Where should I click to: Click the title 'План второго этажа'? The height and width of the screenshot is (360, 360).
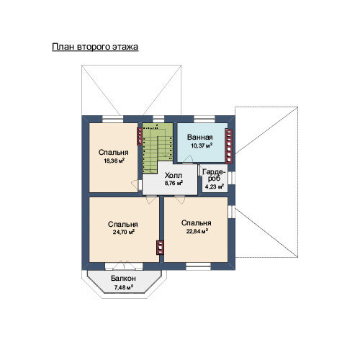click(x=95, y=47)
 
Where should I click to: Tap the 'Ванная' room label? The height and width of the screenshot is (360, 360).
click(x=200, y=138)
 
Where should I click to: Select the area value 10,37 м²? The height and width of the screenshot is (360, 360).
click(x=202, y=145)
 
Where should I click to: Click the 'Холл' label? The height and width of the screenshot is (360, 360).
click(x=174, y=175)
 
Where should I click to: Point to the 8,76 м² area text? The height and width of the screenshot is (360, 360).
click(x=174, y=183)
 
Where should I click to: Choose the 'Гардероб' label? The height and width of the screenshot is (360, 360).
click(x=215, y=176)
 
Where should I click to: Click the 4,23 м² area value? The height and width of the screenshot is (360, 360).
click(x=215, y=186)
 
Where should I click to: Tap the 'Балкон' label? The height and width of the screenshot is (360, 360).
click(x=123, y=279)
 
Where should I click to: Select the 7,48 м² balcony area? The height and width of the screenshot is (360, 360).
click(x=124, y=287)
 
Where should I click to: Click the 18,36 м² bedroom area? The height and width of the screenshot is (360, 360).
click(x=114, y=161)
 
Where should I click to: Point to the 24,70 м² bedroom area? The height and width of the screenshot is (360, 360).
click(x=124, y=232)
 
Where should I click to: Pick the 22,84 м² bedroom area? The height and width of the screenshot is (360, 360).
click(x=197, y=231)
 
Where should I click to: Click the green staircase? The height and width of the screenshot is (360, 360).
click(x=158, y=148)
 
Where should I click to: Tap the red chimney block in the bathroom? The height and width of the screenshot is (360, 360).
click(x=229, y=146)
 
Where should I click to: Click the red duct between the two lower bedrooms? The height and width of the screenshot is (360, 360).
click(x=160, y=248)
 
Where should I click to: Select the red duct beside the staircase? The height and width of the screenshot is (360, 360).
click(x=140, y=136)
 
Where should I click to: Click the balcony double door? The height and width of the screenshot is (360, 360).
click(x=124, y=266)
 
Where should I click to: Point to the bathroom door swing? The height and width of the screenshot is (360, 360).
click(x=187, y=159)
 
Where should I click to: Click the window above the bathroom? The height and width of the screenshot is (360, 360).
click(x=204, y=120)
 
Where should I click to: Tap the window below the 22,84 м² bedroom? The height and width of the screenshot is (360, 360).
click(x=198, y=266)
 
